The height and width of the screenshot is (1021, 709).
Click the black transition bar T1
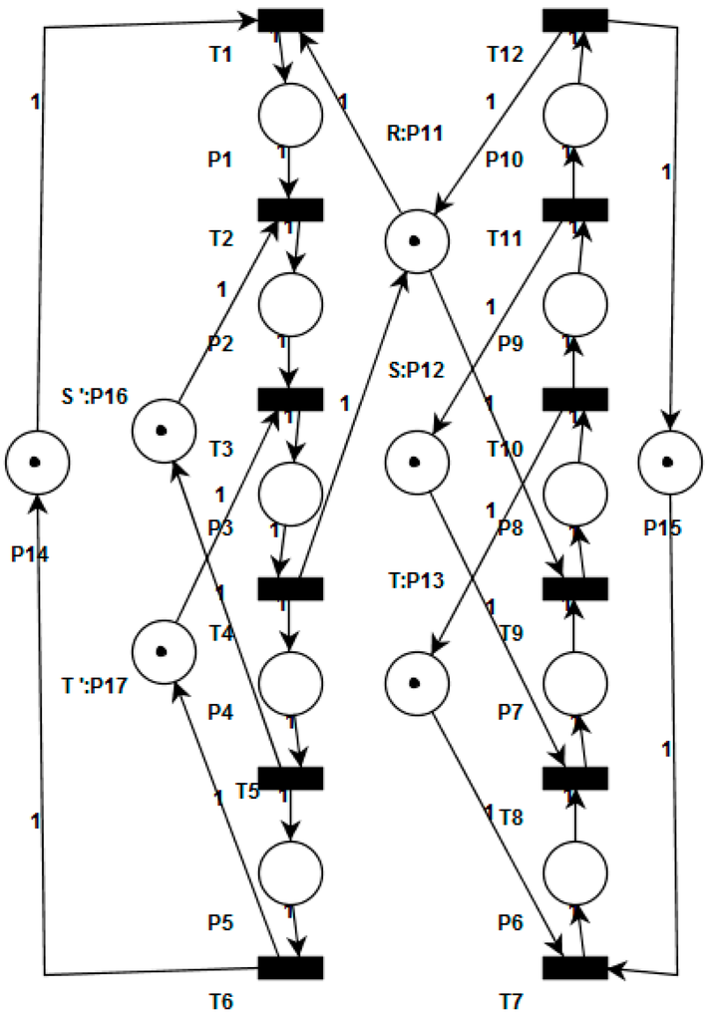coord(290,20)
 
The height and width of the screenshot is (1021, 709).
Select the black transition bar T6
coord(290,967)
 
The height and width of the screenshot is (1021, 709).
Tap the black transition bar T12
coord(575,20)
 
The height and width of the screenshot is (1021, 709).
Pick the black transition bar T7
coord(575,967)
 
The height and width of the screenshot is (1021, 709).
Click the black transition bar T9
coord(575,588)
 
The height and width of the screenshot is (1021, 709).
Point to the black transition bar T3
coord(290,399)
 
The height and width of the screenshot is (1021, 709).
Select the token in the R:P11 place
coord(417,240)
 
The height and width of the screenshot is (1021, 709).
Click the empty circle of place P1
coord(290,115)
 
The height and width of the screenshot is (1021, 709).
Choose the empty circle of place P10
coord(575,115)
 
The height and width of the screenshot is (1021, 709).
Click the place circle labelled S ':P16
coord(163,431)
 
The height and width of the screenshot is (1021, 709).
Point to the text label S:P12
coord(417,371)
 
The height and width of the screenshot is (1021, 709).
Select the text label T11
coord(507,240)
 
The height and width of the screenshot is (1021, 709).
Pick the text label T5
coord(249,791)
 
